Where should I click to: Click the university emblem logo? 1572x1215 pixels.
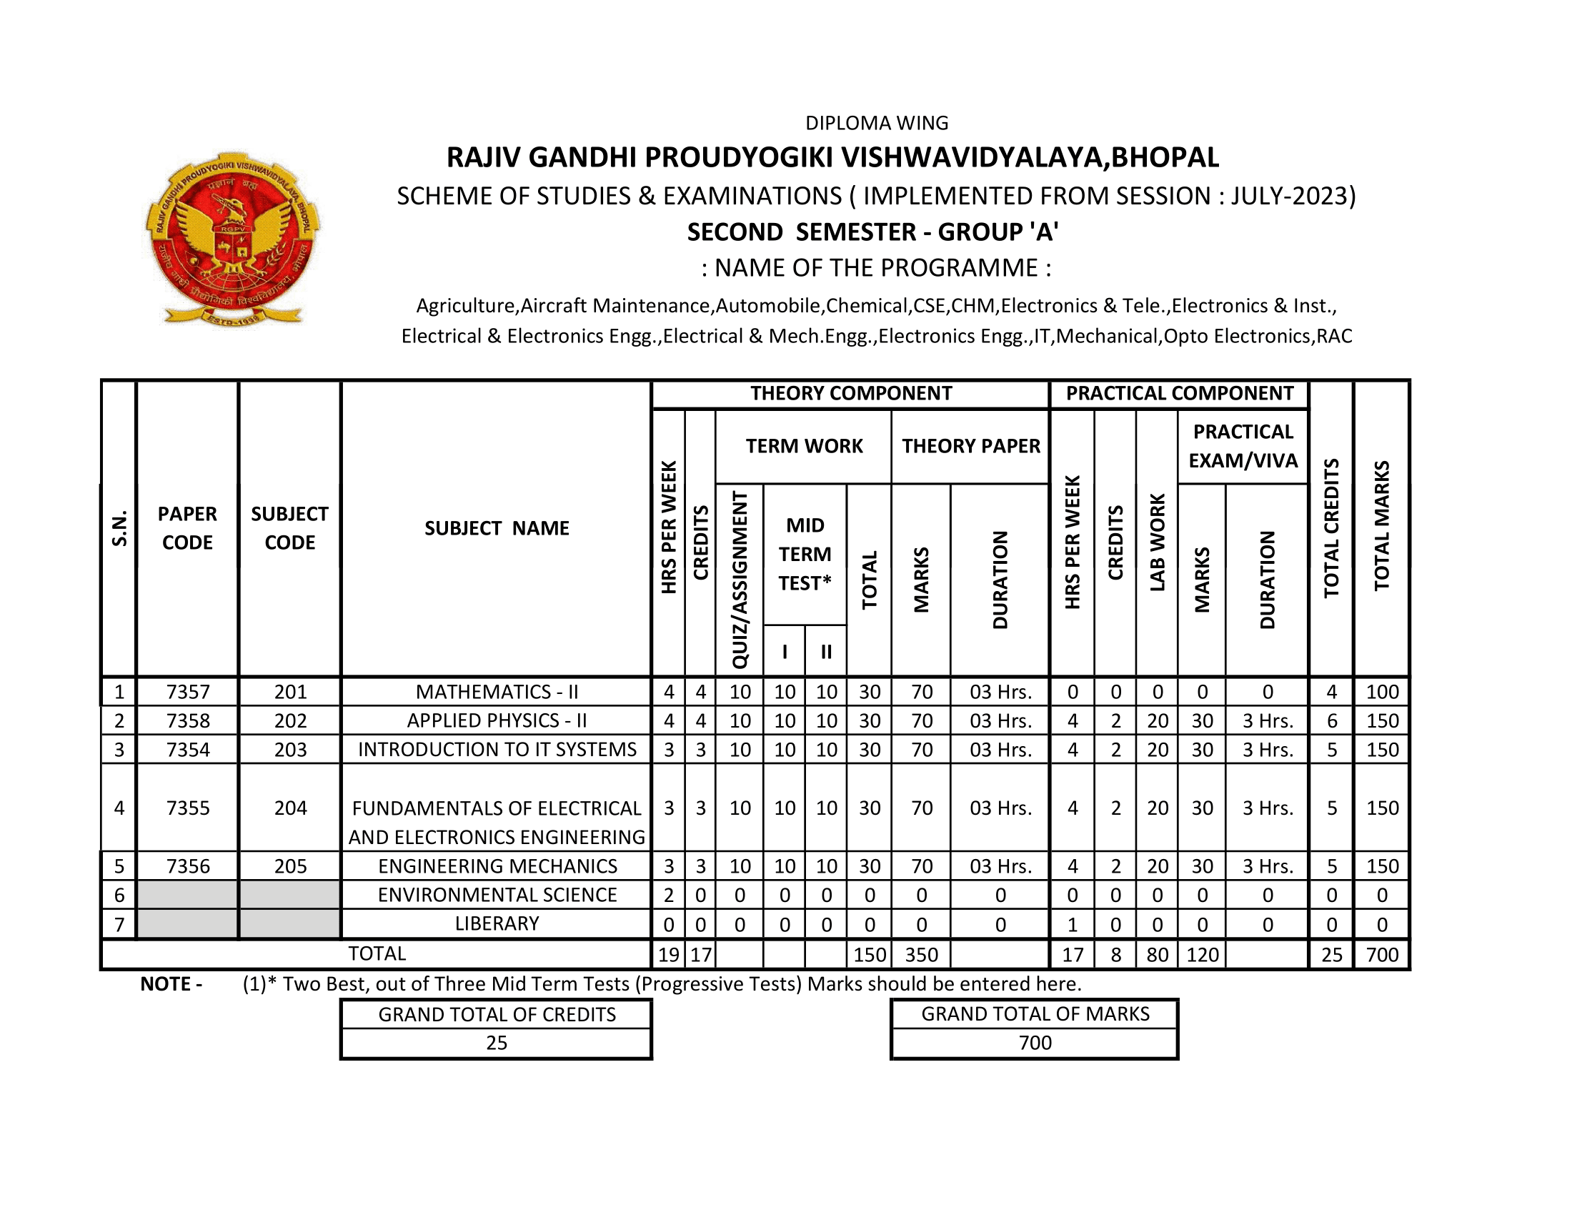(232, 239)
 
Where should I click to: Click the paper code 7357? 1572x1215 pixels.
(188, 692)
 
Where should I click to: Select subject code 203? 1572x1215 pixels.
(290, 749)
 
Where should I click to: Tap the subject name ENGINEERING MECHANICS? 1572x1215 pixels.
(497, 866)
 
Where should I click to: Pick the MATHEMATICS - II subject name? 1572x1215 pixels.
(497, 692)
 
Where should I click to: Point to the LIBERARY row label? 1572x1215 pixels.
(497, 923)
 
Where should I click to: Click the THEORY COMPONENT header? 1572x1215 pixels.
(851, 393)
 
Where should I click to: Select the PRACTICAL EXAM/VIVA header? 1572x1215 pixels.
(1243, 446)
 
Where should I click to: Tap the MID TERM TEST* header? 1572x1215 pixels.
(805, 554)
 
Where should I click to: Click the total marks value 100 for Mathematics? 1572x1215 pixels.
(1382, 692)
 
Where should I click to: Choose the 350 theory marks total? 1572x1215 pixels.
(921, 954)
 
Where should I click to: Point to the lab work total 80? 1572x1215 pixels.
(1158, 954)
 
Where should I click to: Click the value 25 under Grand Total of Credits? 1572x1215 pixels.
(497, 1043)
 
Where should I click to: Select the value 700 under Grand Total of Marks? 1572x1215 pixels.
(1035, 1043)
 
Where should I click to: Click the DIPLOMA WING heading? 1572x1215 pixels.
(877, 123)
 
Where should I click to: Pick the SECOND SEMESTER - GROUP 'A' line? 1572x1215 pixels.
(872, 232)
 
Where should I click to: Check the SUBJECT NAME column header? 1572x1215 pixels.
(497, 528)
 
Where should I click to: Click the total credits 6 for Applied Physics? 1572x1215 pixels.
(1332, 720)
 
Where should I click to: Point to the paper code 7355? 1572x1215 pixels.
(188, 808)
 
